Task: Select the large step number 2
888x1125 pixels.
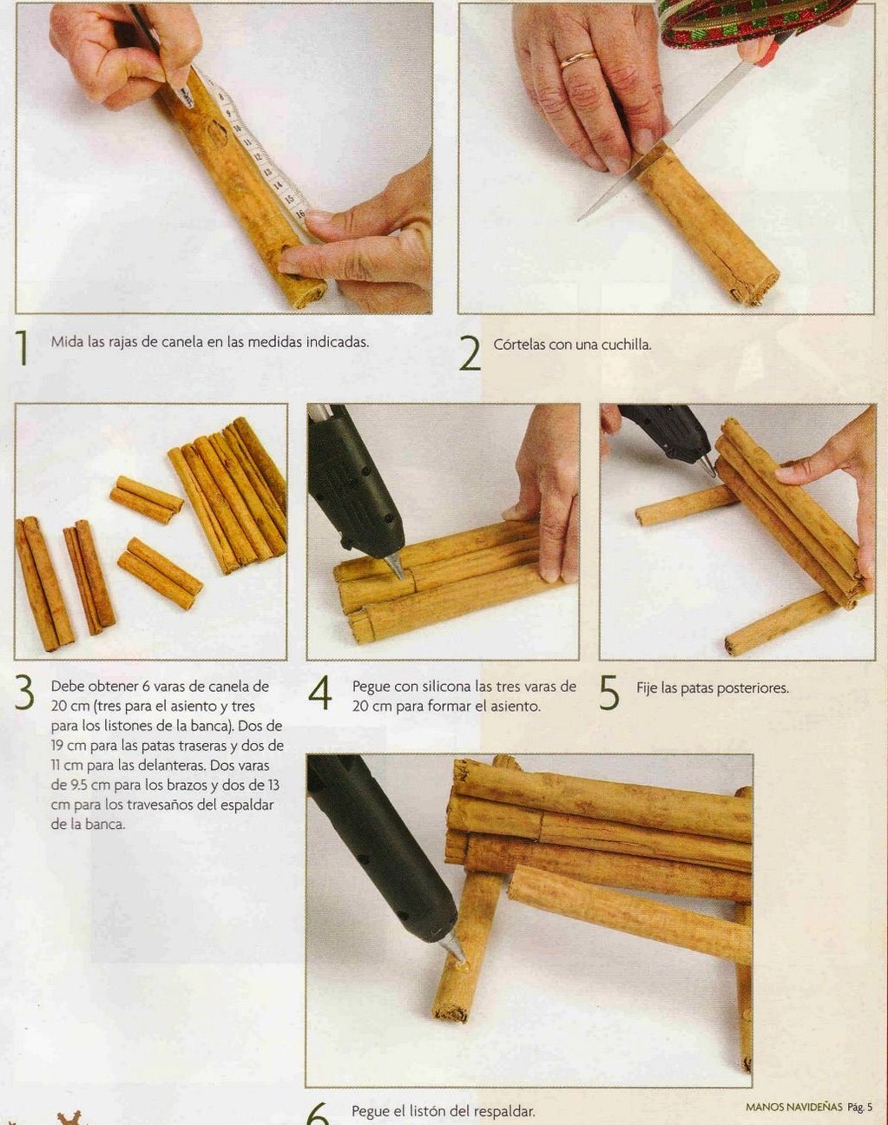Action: [470, 352]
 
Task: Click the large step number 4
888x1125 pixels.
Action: [319, 693]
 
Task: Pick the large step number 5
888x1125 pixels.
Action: [609, 693]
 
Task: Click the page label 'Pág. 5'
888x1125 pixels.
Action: [859, 1102]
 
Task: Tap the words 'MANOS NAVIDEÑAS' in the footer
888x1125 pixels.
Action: [794, 1102]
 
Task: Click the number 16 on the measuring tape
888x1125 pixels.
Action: [300, 213]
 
